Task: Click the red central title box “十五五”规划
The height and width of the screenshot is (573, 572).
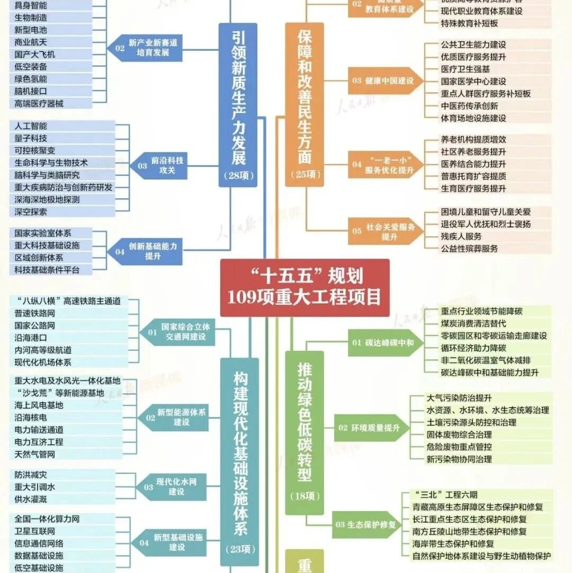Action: [305, 287]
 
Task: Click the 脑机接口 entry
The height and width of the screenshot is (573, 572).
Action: [31, 91]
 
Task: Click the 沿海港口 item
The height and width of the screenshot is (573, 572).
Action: [31, 338]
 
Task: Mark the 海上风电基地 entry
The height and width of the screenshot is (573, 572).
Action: [39, 405]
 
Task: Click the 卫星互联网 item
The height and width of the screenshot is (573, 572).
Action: [34, 531]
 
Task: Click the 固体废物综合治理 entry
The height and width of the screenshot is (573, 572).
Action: [459, 435]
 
